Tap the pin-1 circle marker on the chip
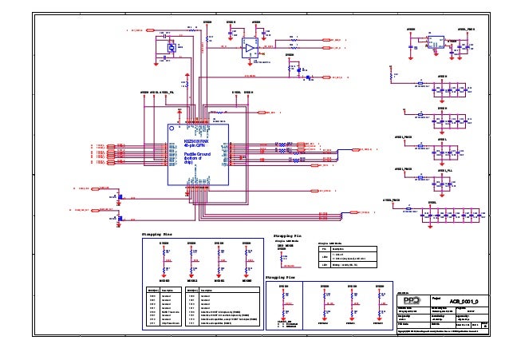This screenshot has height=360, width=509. click(172, 129)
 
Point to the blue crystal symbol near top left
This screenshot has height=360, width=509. click(171, 48)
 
